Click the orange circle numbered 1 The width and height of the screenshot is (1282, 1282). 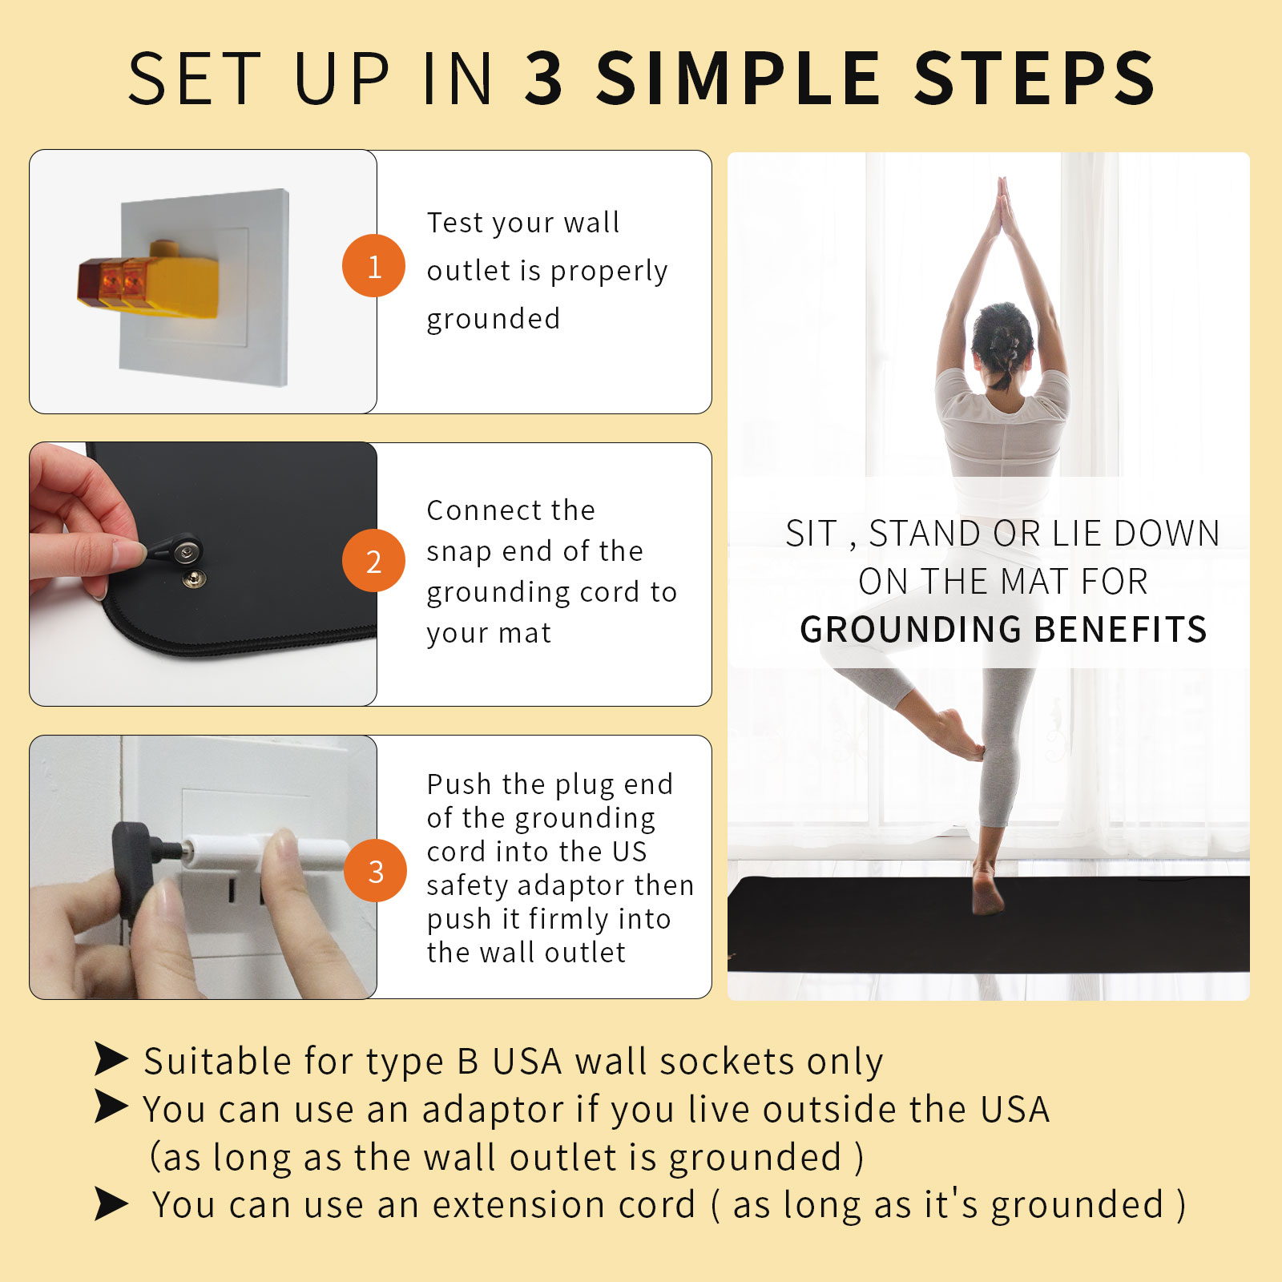pos(373,266)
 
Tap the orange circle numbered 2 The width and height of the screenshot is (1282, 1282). pos(373,561)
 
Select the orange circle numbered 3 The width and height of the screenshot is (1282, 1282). pos(375,871)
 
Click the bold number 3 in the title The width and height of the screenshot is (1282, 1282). pos(545,79)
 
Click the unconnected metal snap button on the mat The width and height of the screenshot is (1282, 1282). pos(195,579)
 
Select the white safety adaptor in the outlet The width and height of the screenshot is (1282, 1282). pos(232,848)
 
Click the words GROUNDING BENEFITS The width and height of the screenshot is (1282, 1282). pos(1003,630)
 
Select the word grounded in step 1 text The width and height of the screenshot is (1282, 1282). pos(493,320)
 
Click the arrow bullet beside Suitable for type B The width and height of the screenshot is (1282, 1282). pos(111,1059)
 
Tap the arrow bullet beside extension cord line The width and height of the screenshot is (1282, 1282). pos(111,1203)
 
